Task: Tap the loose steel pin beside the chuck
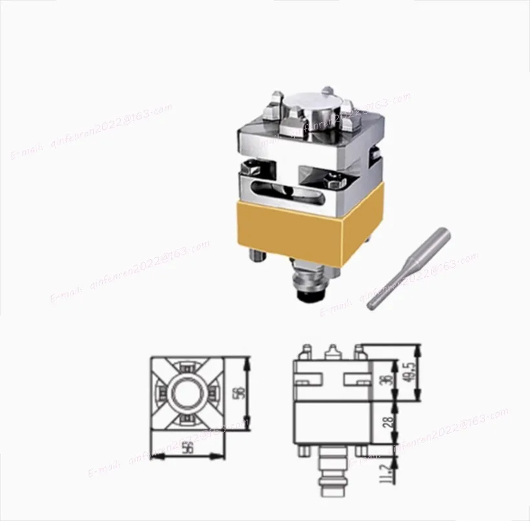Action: click(x=408, y=266)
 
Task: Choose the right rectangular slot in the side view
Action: click(x=354, y=377)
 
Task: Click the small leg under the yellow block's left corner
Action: click(x=257, y=257)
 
